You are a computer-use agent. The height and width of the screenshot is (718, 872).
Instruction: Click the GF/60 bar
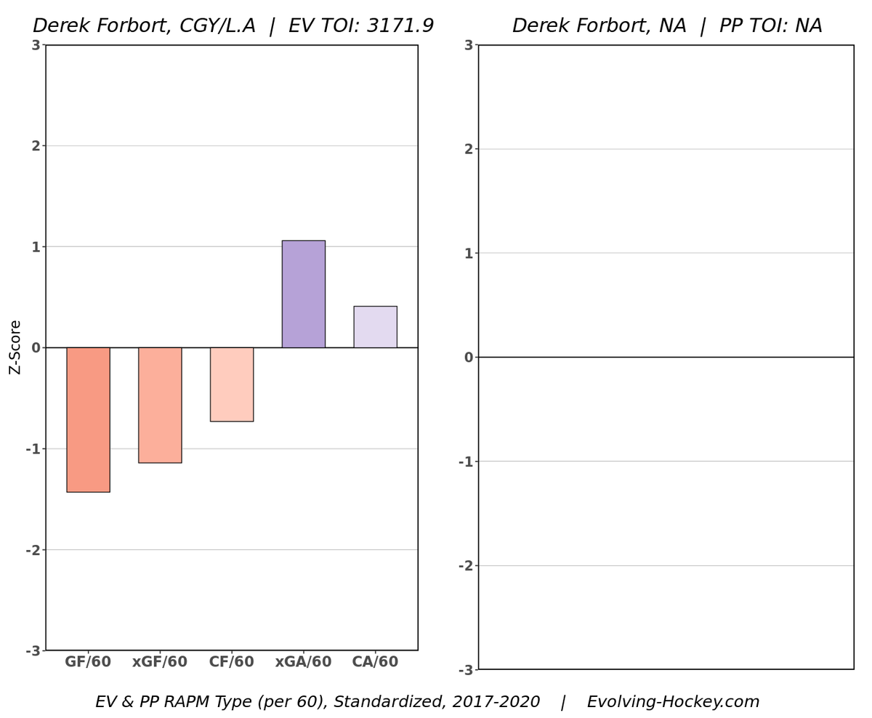point(88,419)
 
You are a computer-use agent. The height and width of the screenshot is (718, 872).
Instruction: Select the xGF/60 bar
point(160,405)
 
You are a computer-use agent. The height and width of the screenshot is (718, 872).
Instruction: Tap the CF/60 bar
point(232,384)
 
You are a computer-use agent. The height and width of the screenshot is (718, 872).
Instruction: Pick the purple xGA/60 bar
point(304,294)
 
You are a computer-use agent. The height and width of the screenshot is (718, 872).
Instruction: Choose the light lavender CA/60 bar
point(375,326)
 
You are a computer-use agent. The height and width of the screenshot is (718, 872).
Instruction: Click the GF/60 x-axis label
point(88,662)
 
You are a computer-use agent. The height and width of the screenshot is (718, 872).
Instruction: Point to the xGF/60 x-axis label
point(160,662)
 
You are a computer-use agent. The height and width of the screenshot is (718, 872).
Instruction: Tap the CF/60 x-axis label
point(232,662)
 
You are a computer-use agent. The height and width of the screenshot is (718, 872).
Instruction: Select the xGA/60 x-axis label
point(304,662)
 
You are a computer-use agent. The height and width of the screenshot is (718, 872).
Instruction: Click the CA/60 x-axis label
point(375,662)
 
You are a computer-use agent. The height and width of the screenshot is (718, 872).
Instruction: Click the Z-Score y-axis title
point(15,347)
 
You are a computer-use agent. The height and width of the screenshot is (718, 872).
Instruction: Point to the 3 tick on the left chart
point(35,45)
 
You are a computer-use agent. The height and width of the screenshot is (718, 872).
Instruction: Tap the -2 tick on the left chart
point(33,550)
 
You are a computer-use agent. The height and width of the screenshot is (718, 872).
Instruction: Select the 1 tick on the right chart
point(468,254)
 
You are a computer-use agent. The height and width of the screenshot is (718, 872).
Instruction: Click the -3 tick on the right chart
point(465,670)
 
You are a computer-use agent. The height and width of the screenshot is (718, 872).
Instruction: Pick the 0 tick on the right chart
point(468,358)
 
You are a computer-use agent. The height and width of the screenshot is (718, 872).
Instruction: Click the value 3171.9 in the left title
point(398,26)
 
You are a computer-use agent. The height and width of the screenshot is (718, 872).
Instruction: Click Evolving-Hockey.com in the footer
point(673,702)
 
